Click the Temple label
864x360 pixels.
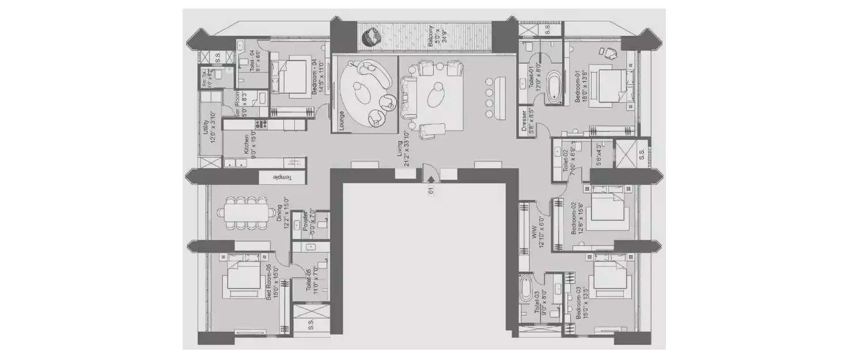pyautogui.click(x=282, y=177)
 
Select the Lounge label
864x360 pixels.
pyautogui.click(x=342, y=122)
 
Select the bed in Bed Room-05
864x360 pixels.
pyautogui.click(x=244, y=276)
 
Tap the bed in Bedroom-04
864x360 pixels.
pyautogui.click(x=288, y=75)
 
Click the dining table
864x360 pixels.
pyautogui.click(x=245, y=213)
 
